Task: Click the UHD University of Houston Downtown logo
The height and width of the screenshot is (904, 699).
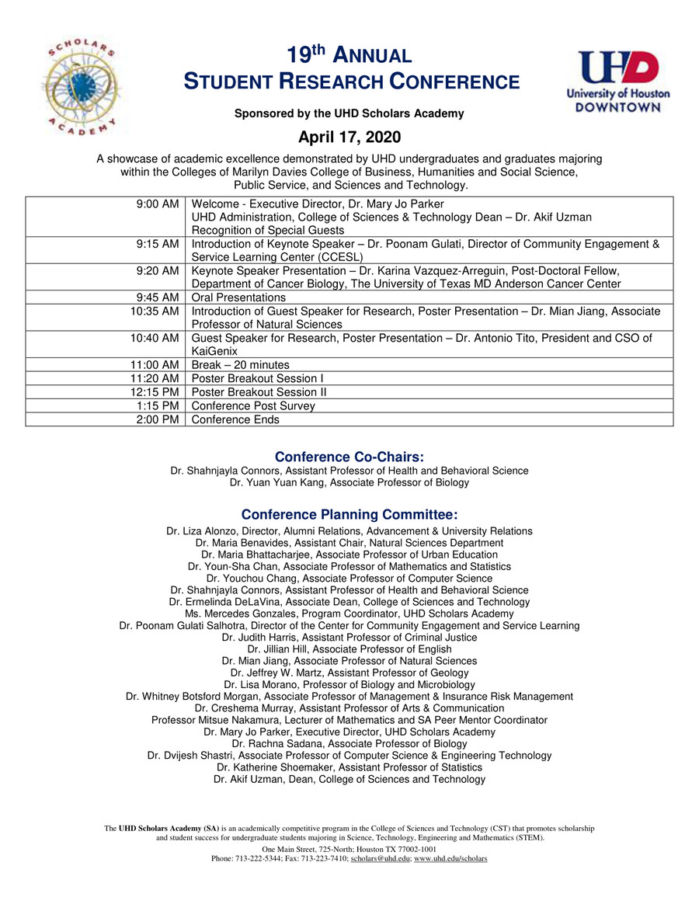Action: tap(617, 82)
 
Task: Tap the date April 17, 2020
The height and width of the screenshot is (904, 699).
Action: tap(349, 137)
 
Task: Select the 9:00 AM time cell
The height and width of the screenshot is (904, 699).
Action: tap(158, 203)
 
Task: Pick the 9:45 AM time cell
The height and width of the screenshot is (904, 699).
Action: tap(158, 297)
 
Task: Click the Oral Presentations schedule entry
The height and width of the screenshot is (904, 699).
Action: tap(238, 297)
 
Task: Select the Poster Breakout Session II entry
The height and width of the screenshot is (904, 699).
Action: tap(259, 392)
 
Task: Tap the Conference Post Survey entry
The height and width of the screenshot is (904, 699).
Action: tap(253, 406)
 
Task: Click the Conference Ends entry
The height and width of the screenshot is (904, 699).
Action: tap(235, 419)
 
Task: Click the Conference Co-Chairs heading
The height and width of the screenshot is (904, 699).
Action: tap(349, 457)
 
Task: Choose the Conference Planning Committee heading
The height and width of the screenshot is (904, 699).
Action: tap(349, 515)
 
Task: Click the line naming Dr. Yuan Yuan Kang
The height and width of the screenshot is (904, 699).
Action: tap(349, 482)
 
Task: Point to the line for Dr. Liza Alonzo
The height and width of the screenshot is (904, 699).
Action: tap(349, 531)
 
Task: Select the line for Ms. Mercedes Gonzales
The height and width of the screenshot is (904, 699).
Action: tap(349, 614)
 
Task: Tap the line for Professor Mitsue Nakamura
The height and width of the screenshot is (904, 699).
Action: tap(349, 720)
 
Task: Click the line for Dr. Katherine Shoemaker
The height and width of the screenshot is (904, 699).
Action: tap(349, 767)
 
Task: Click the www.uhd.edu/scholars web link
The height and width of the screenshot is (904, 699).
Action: tap(450, 858)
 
